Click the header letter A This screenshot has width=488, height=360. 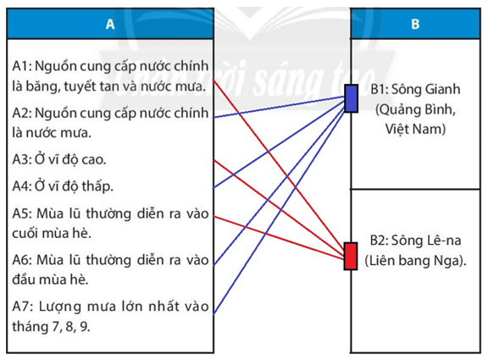point(110,25)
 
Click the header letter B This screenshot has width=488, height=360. point(415,25)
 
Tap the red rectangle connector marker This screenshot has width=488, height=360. point(351,256)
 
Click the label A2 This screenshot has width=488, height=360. point(21,112)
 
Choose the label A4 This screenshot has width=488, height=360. point(21,186)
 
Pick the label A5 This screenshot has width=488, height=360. point(21,212)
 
